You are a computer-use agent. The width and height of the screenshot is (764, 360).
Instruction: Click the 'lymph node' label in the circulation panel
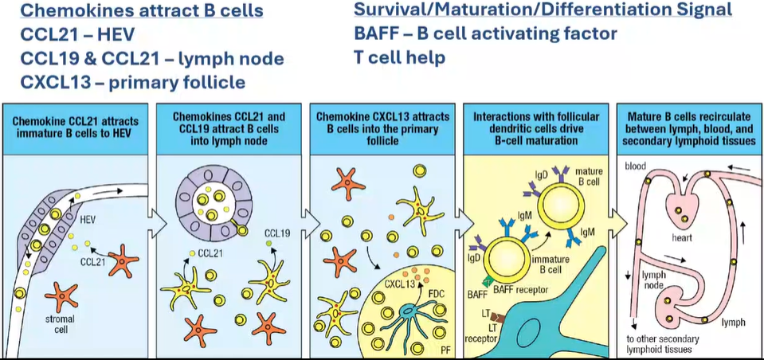coord(653,280)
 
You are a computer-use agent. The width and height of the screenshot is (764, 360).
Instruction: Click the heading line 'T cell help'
coord(400,58)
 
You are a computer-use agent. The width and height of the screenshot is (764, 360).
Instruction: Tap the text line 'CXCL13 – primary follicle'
coord(133,83)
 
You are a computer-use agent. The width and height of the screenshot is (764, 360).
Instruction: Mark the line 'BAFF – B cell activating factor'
coord(486,34)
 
